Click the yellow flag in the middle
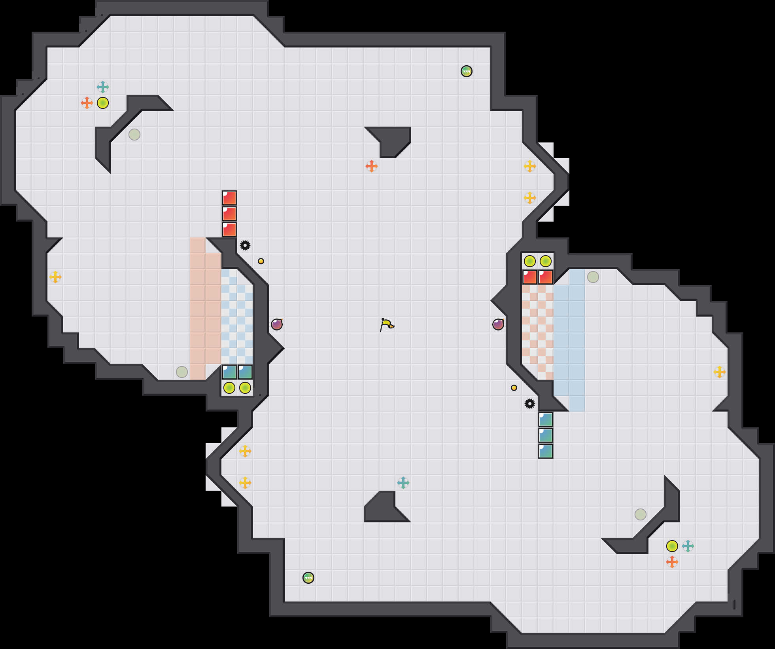pyautogui.click(x=387, y=325)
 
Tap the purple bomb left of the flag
pyautogui.click(x=277, y=324)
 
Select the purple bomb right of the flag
pyautogui.click(x=498, y=324)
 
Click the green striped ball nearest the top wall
pyautogui.click(x=467, y=71)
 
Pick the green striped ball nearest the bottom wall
pyautogui.click(x=308, y=578)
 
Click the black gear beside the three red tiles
pyautogui.click(x=245, y=245)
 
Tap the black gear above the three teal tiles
pyautogui.click(x=530, y=404)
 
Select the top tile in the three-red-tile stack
pyautogui.click(x=229, y=198)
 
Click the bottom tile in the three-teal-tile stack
pyautogui.click(x=546, y=451)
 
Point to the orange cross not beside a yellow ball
pyautogui.click(x=372, y=166)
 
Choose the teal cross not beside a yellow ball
pyautogui.click(x=403, y=483)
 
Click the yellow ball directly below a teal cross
pyautogui.click(x=103, y=103)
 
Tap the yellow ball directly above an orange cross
pyautogui.click(x=672, y=546)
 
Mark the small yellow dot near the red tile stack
pyautogui.click(x=261, y=261)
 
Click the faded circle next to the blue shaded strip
pyautogui.click(x=593, y=277)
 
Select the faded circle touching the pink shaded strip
pyautogui.click(x=182, y=372)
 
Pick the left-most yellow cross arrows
pyautogui.click(x=55, y=277)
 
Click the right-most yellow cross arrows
pyautogui.click(x=720, y=372)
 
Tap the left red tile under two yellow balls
pyautogui.click(x=530, y=277)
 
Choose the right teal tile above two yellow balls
pyautogui.click(x=245, y=372)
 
